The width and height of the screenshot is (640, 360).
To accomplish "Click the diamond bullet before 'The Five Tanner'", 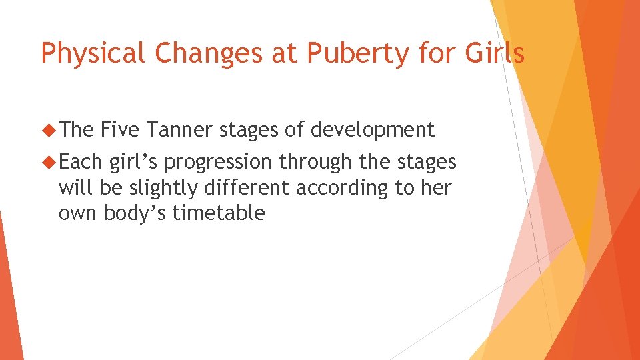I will point(49,129).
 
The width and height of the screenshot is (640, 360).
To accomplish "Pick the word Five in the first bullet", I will point(120,129).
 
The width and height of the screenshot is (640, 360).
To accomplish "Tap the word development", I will point(371,129).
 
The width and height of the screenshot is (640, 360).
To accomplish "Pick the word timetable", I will point(219,213).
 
